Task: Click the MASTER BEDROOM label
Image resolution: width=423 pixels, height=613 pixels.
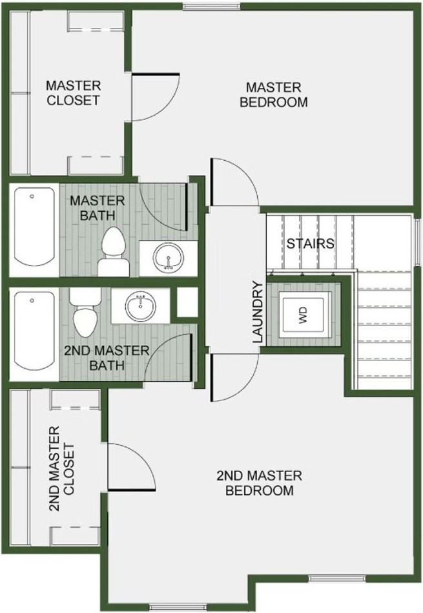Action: click(273, 94)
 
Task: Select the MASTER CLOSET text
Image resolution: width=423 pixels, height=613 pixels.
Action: click(73, 92)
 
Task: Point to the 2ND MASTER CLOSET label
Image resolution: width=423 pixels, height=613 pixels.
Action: click(63, 468)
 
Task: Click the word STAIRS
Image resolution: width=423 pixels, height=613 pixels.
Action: click(310, 244)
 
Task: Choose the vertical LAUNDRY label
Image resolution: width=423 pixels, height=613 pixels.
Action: click(258, 312)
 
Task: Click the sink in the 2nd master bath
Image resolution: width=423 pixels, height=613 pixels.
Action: click(139, 306)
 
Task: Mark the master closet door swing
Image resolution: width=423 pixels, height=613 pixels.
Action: click(153, 98)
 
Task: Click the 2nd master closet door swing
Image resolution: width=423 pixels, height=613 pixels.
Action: click(131, 467)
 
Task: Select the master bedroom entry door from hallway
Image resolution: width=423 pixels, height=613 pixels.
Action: click(234, 182)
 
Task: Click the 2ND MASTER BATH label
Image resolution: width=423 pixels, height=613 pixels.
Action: click(106, 357)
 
